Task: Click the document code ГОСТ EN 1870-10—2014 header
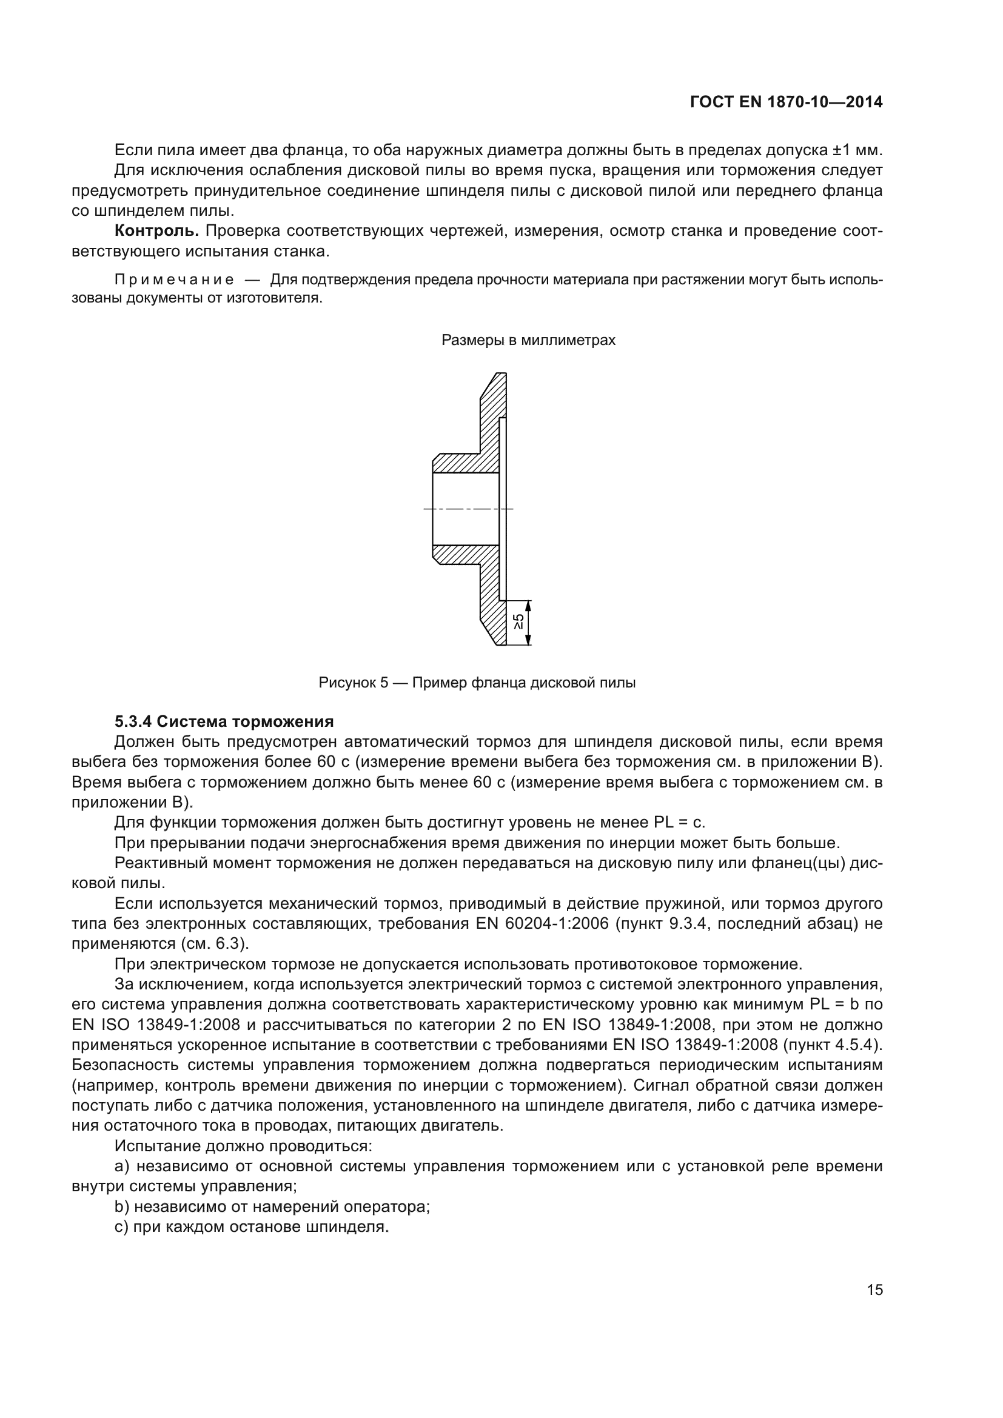[x=785, y=102]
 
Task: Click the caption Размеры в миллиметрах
[x=528, y=340]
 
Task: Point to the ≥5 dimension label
[x=520, y=621]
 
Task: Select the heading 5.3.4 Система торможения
[x=224, y=721]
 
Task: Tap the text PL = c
[x=679, y=823]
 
